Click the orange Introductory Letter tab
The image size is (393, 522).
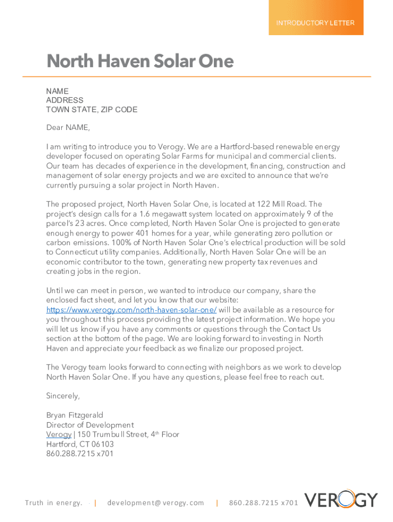[315, 23]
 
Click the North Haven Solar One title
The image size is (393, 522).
[140, 62]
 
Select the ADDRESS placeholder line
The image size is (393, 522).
[65, 100]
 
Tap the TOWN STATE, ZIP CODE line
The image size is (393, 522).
[92, 110]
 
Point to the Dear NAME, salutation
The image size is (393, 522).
[68, 127]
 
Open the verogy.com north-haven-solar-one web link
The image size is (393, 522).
[131, 310]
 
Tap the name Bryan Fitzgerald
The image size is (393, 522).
[75, 415]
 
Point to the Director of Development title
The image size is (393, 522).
[90, 425]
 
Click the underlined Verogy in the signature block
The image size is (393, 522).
[59, 435]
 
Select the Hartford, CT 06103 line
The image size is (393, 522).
[80, 444]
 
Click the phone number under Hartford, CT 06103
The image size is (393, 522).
[80, 454]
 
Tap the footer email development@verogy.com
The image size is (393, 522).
[156, 503]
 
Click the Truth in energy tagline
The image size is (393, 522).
[54, 503]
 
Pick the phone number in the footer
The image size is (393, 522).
[263, 503]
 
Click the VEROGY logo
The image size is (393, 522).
[341, 500]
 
